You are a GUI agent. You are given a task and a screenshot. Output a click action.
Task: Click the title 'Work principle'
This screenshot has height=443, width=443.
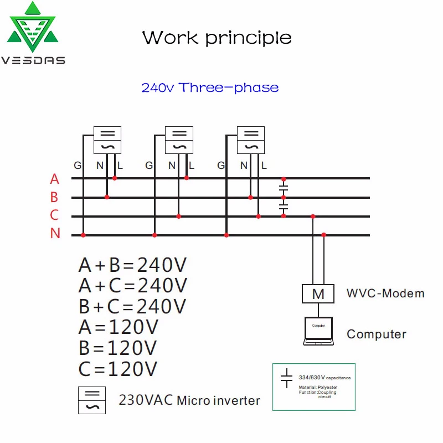coord(217,38)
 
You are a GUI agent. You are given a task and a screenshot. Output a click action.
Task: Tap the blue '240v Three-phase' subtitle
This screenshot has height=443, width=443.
coord(210,87)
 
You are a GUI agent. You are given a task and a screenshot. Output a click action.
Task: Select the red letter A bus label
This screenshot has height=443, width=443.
coord(54,179)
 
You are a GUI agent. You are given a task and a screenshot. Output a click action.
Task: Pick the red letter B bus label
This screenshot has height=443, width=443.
coord(54,197)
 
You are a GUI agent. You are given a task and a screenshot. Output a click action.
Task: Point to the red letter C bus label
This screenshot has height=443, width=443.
coord(54,215)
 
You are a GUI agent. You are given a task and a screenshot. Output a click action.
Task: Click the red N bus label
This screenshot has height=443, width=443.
coord(55,234)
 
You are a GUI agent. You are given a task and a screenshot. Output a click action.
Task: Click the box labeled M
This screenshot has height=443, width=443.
coord(318,294)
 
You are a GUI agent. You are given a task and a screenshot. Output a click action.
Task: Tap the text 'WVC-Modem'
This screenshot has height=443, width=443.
coord(385,293)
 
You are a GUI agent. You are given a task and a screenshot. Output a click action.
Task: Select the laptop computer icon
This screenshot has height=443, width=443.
coord(318,331)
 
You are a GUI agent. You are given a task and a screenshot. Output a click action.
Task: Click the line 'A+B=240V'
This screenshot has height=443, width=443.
coord(133,265)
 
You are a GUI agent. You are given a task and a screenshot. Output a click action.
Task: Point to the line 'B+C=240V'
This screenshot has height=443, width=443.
coord(133,306)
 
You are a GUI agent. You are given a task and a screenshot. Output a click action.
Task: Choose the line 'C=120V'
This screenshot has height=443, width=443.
coord(119,368)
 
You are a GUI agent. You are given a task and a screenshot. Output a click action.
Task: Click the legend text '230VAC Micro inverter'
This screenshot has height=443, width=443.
coord(189,400)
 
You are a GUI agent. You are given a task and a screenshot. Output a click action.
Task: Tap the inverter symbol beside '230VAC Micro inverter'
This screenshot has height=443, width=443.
coord(91,400)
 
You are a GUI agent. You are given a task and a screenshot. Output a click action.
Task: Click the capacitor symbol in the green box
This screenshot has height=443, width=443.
coord(286,378)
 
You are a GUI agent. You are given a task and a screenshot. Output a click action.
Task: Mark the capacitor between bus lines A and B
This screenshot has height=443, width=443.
coord(284,188)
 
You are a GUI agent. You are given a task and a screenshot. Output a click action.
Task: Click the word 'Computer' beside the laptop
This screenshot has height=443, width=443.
coord(377,334)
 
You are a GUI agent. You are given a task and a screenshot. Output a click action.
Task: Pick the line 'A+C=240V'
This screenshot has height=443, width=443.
coord(133,286)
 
